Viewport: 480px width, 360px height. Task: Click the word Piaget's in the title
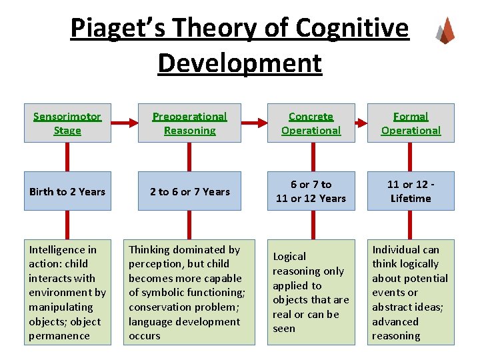pos(113,29)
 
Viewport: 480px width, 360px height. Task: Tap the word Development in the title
pos(240,63)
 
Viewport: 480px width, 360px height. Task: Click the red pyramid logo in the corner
pos(445,30)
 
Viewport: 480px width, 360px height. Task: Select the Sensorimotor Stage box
pos(67,123)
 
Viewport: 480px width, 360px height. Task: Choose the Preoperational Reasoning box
pos(189,123)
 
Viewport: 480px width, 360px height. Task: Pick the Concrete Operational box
pos(311,123)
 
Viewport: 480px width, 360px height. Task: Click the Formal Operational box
pos(411,123)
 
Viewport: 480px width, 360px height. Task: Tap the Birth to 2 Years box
pos(67,191)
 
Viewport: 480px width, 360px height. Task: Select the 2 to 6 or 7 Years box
pos(189,191)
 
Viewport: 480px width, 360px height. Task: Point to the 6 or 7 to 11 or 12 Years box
pos(311,191)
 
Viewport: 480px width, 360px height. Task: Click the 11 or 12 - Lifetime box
pos(411,191)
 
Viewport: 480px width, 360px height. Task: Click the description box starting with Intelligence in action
pos(67,292)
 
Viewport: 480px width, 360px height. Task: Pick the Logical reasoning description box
pos(311,292)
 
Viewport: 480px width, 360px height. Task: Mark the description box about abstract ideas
pos(411,292)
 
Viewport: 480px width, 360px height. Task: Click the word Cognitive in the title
pos(353,29)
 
